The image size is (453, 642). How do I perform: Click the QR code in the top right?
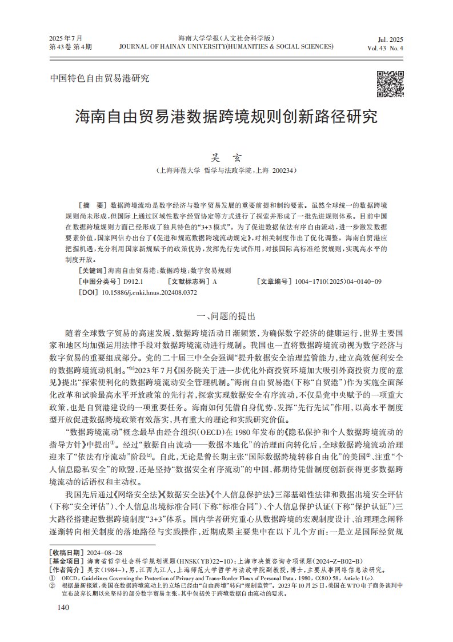[390, 84]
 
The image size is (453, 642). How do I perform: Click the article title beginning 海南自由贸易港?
[227, 117]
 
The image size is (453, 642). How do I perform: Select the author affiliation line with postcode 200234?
[227, 171]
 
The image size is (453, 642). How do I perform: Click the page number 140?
[59, 607]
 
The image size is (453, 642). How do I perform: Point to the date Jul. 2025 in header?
[391, 39]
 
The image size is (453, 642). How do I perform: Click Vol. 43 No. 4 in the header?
[386, 48]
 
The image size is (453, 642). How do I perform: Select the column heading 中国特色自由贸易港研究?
[91, 78]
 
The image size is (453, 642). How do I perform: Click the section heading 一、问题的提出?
[226, 315]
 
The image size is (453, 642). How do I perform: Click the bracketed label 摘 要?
[92, 204]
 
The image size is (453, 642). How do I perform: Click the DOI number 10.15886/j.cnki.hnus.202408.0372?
[149, 292]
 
